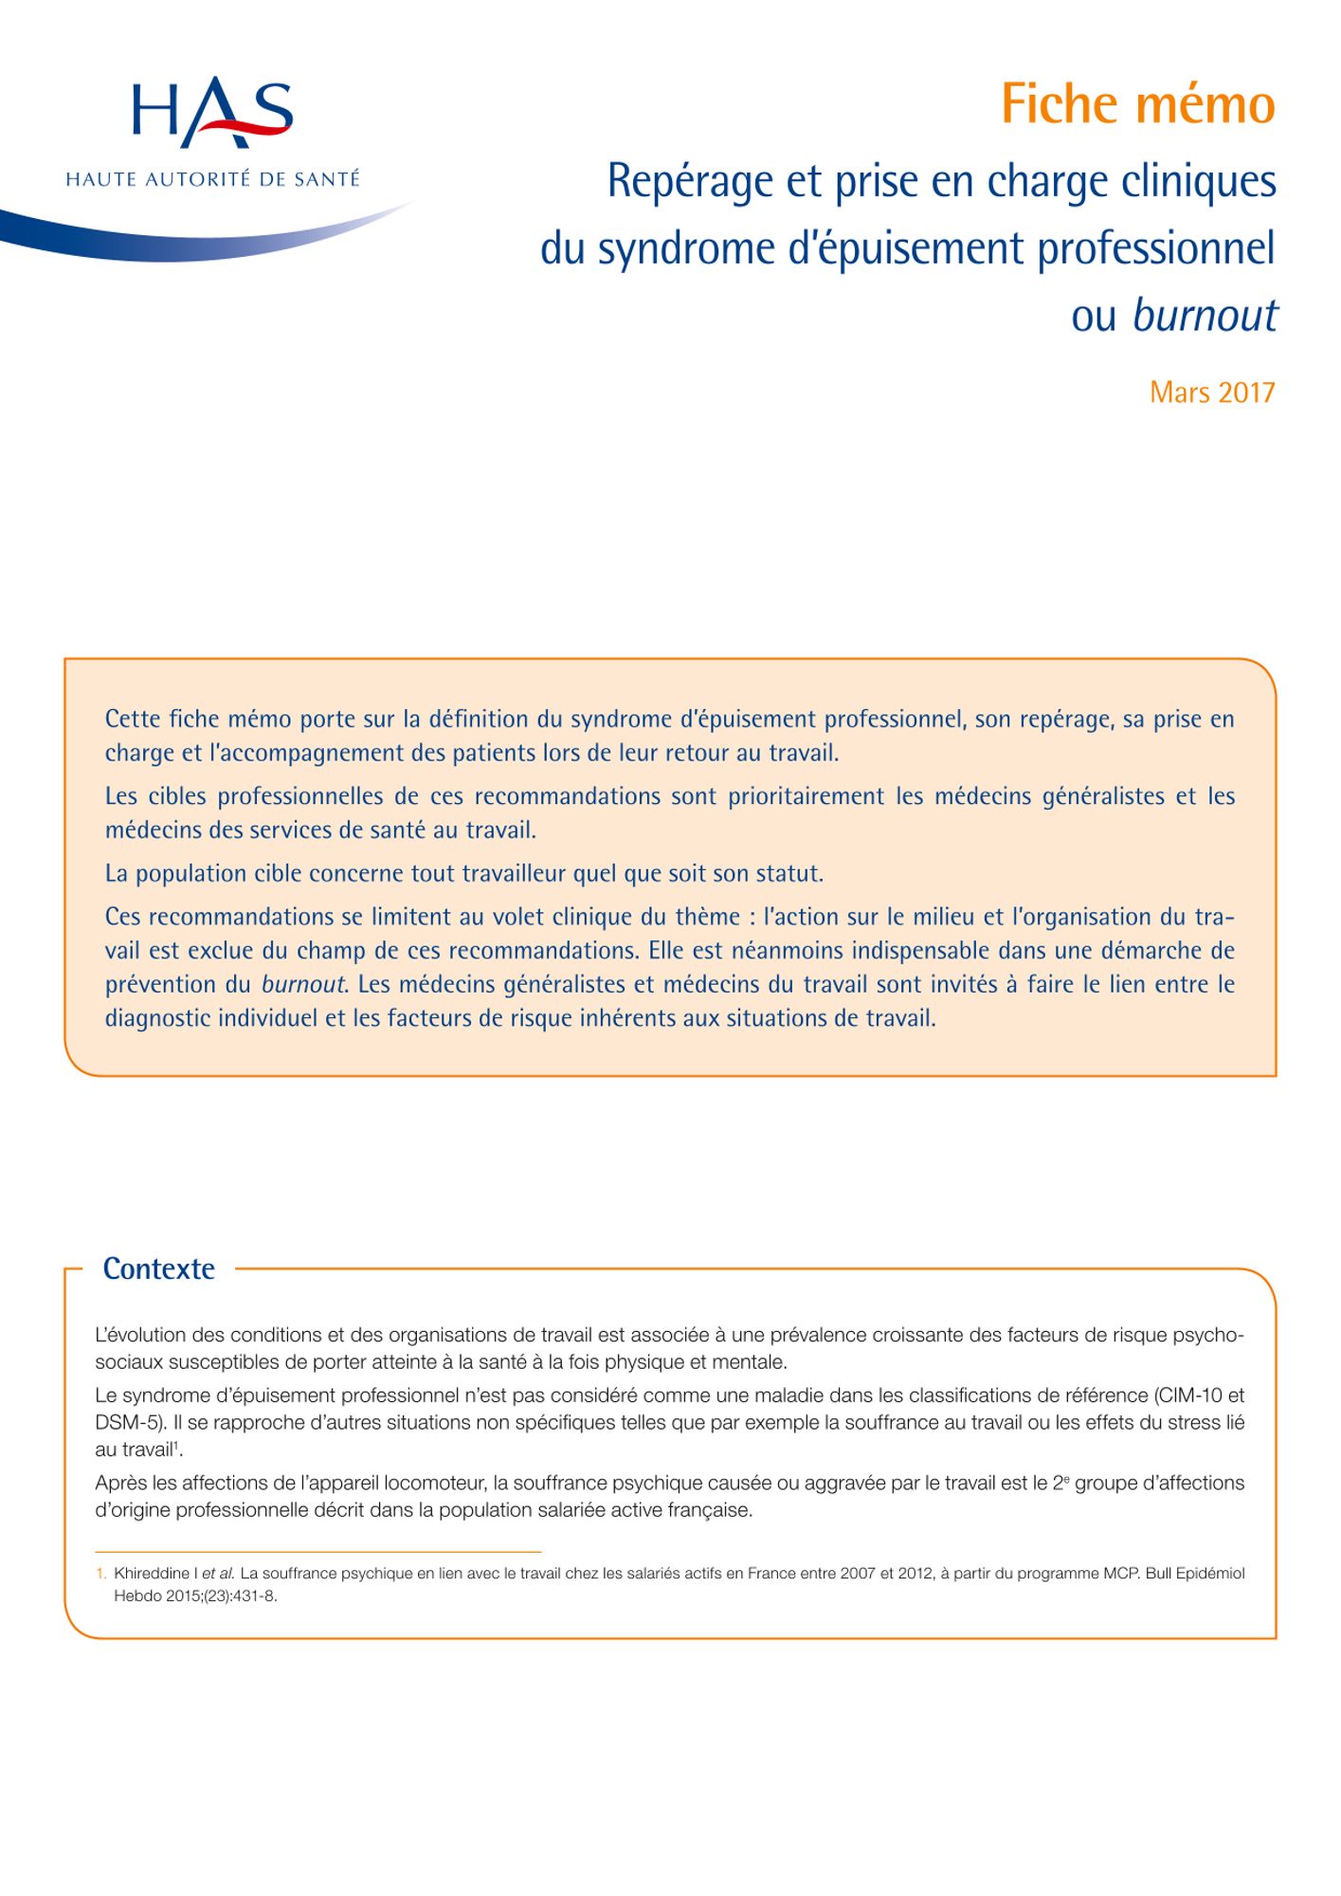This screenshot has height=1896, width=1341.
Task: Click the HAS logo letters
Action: click(x=212, y=112)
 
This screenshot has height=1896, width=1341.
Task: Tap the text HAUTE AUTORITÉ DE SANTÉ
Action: click(x=212, y=179)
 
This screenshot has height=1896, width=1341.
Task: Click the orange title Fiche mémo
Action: click(x=1137, y=104)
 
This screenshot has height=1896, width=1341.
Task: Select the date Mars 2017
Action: click(x=1212, y=392)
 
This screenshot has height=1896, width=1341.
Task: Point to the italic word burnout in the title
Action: click(x=1205, y=316)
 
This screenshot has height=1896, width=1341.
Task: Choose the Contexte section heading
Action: click(x=158, y=1268)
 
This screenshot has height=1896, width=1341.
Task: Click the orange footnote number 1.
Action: click(x=100, y=1574)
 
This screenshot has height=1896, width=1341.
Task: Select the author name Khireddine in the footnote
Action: click(x=152, y=1574)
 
